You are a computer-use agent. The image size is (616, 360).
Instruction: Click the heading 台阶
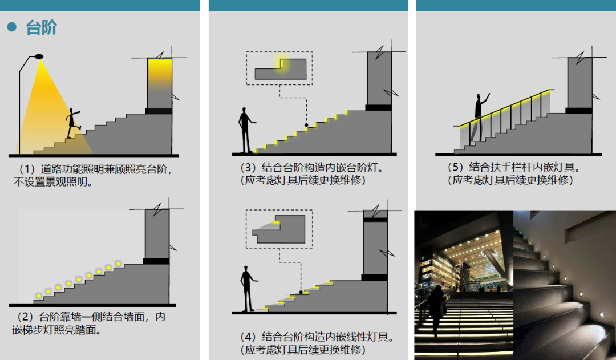tap(41, 28)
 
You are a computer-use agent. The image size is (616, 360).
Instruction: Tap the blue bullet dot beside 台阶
tap(12, 27)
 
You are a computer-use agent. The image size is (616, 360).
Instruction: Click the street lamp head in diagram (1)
tap(39, 56)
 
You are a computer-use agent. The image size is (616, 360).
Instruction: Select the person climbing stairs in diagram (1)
tap(72, 123)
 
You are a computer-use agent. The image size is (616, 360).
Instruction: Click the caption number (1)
tap(27, 169)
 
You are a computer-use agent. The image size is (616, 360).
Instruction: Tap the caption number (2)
tap(25, 317)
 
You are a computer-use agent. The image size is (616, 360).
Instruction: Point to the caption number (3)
tap(248, 167)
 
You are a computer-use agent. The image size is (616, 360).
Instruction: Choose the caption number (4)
tap(248, 337)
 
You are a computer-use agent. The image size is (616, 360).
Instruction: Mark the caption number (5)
tap(456, 167)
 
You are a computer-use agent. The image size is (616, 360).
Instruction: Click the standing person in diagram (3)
tap(245, 130)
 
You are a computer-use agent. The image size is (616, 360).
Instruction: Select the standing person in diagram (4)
tap(247, 289)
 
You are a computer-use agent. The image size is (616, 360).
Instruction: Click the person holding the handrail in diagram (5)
tap(480, 117)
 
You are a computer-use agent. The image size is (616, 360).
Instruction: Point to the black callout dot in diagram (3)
tap(306, 125)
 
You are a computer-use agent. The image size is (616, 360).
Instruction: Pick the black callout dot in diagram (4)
tap(301, 292)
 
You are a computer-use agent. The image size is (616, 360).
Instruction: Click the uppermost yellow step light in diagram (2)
tap(118, 264)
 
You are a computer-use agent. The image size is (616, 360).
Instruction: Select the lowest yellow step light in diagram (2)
tap(39, 296)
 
